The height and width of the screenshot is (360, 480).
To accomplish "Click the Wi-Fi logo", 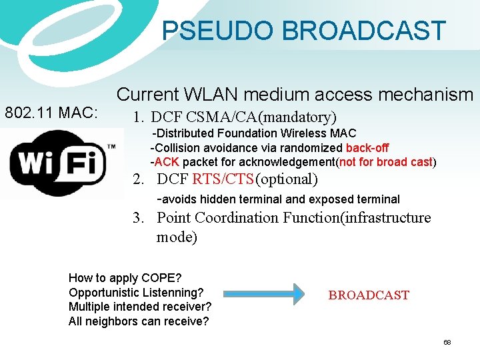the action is pyautogui.click(x=61, y=163).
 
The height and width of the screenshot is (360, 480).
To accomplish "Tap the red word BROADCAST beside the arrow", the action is pyautogui.click(x=369, y=295).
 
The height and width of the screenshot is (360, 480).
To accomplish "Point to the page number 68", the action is pyautogui.click(x=447, y=342).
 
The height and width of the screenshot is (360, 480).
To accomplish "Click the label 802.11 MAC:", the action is pyautogui.click(x=51, y=113).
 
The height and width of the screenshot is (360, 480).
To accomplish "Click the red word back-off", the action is pyautogui.click(x=367, y=148).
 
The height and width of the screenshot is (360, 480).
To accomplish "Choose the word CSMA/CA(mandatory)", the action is pyautogui.click(x=261, y=117).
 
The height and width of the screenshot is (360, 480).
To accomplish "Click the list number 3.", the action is pyautogui.click(x=138, y=218).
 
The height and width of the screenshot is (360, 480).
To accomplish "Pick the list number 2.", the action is pyautogui.click(x=138, y=179).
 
